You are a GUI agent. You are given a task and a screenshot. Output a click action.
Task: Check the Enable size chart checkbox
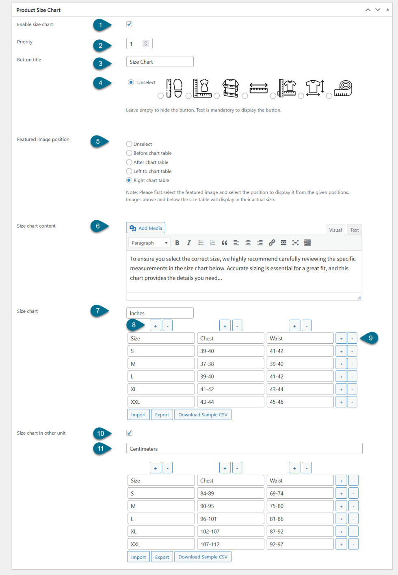click(x=129, y=24)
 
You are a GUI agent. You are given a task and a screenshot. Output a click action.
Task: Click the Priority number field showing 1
click(x=135, y=43)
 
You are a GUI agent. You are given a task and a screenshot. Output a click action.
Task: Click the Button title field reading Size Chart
click(x=160, y=62)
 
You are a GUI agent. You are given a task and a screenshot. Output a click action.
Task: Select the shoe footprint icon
click(x=174, y=88)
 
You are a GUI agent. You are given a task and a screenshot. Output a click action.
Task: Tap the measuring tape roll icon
click(x=343, y=88)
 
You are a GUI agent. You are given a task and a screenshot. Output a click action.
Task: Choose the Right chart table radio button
click(x=129, y=180)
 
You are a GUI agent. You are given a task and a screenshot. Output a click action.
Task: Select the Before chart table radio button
click(x=129, y=153)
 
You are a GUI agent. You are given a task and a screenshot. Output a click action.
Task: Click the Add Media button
click(x=146, y=228)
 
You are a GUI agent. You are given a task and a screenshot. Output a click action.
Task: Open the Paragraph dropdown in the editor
click(x=149, y=243)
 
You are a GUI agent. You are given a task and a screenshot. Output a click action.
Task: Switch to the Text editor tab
click(x=354, y=230)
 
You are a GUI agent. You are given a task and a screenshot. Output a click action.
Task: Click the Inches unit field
click(x=160, y=313)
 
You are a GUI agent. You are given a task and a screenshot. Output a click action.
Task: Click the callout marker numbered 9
click(x=370, y=338)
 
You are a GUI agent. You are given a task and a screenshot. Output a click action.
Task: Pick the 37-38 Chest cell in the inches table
click(x=230, y=364)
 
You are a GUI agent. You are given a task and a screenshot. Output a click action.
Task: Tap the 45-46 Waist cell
click(x=300, y=402)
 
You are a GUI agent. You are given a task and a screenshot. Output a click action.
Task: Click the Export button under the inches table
click(x=162, y=415)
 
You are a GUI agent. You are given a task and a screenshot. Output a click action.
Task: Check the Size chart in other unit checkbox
click(x=129, y=433)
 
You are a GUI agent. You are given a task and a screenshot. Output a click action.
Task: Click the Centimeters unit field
click(x=244, y=449)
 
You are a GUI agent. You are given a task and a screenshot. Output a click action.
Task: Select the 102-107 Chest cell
click(x=230, y=532)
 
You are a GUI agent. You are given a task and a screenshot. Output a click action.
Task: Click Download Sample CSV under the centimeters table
click(x=203, y=557)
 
